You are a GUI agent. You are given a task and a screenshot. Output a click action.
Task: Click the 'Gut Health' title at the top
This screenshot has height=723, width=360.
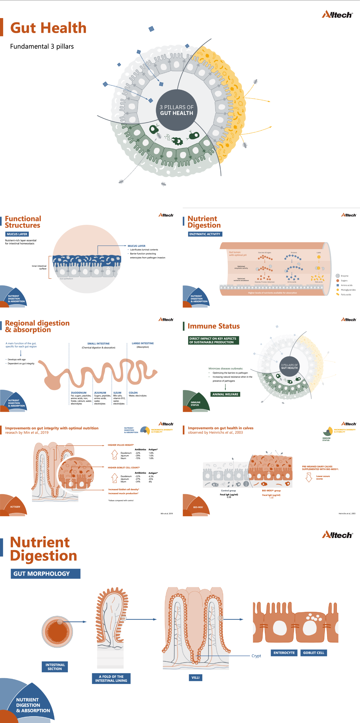pos(48,28)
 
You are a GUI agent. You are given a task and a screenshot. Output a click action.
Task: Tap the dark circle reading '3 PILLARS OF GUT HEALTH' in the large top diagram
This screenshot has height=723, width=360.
pos(177,110)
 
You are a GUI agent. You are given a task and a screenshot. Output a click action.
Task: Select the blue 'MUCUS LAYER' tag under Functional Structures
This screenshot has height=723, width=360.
pos(17,234)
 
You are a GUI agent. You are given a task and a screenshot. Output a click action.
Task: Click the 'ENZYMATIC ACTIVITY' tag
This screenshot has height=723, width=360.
pos(205,234)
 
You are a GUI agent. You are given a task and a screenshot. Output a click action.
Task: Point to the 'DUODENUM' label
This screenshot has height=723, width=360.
pos(79,393)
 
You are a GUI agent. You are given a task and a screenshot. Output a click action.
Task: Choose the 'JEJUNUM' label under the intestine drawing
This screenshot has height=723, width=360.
pos(100,393)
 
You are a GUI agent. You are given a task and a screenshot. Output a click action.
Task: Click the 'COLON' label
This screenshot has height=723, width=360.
pos(133,393)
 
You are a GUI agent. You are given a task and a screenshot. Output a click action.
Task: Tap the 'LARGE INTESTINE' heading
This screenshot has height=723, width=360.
pos(143,343)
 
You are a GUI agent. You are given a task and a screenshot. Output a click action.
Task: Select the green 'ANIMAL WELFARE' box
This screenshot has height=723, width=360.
pos(225,394)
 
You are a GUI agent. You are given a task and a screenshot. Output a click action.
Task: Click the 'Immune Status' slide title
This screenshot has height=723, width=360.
pos(214,326)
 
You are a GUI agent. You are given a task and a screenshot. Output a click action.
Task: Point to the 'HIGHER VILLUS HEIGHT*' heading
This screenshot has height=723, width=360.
pos(121,445)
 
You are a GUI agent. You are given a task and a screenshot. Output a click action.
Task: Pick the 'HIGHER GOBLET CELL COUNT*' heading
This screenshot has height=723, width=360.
pos(124,468)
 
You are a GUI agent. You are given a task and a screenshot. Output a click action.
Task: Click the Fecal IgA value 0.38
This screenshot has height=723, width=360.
pos(229,497)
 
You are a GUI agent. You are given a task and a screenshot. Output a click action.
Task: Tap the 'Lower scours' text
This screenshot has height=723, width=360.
pos(323,476)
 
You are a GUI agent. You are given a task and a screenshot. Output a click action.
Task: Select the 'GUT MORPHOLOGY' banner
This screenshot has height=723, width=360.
pos(45,574)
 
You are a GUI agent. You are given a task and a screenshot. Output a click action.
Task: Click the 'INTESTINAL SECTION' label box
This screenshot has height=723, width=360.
pos(55,667)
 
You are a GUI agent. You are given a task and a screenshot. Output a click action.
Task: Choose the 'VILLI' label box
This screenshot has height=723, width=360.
pos(196,678)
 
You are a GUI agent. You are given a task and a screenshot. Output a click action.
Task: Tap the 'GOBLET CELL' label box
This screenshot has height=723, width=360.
pos(313,653)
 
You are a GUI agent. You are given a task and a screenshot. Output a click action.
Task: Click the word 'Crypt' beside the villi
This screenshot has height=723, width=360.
pos(256,656)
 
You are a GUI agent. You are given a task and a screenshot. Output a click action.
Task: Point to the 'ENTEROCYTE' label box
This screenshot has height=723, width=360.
pos(284,653)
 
